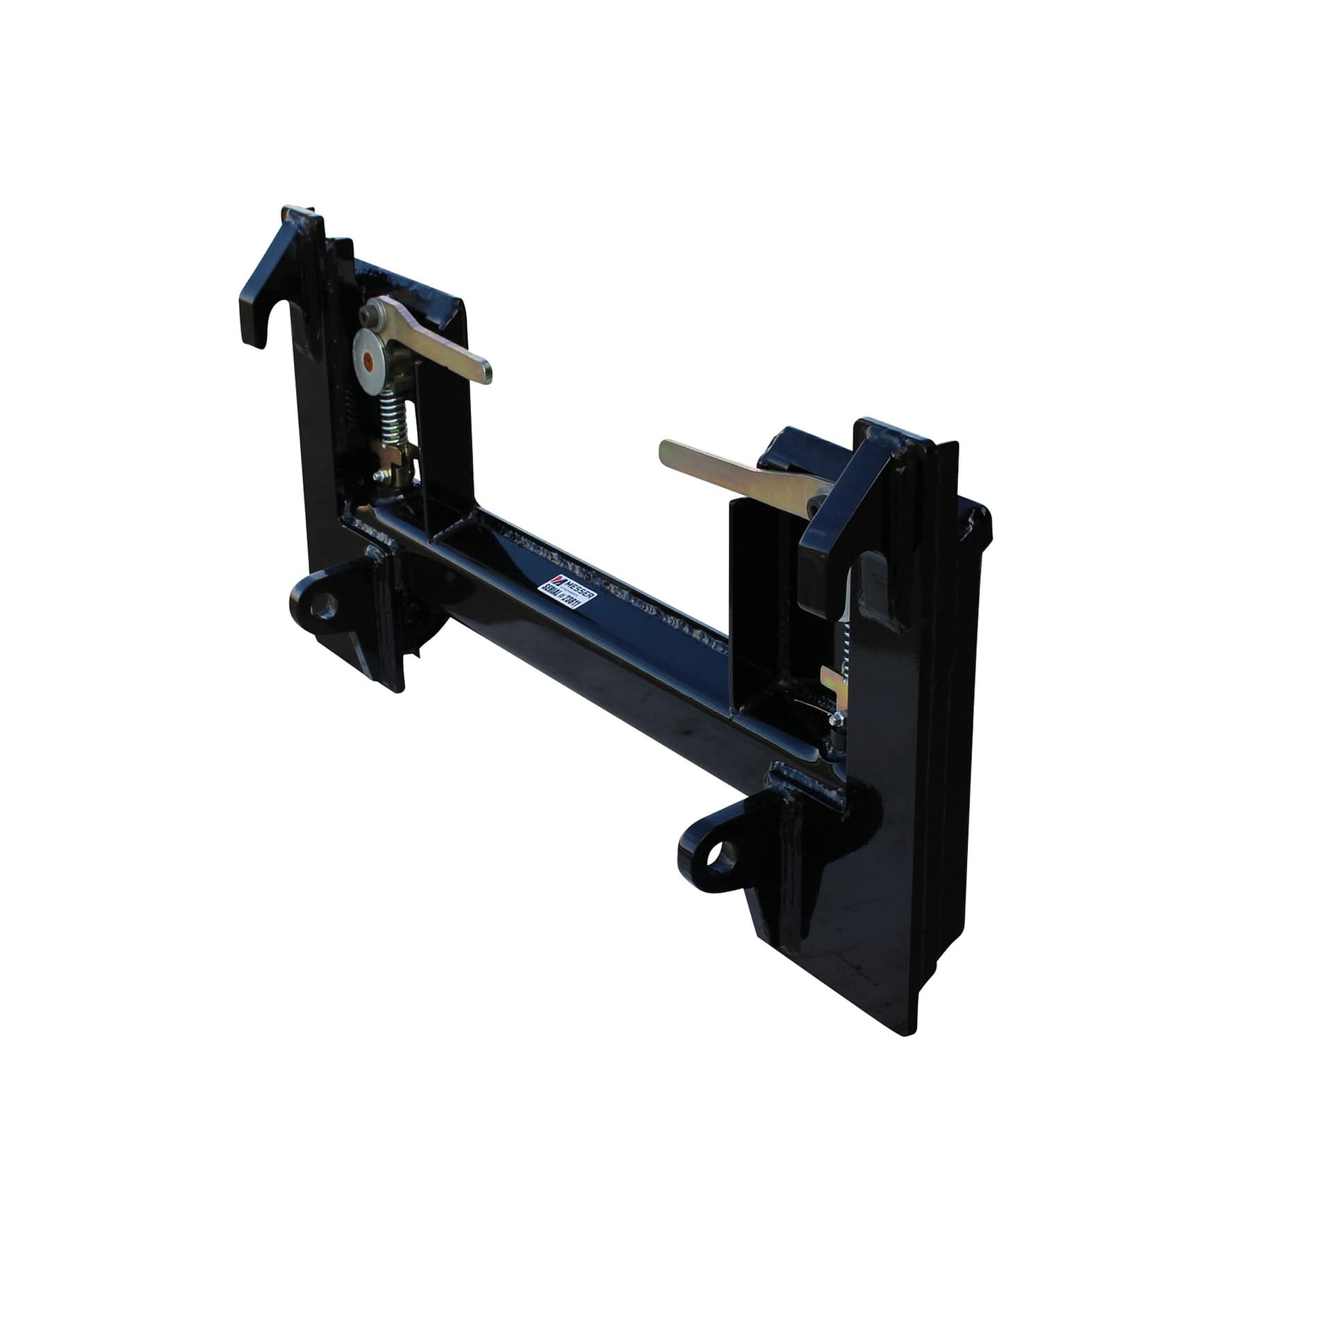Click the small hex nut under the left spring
(x=379, y=476)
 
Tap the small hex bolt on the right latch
(x=837, y=720)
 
